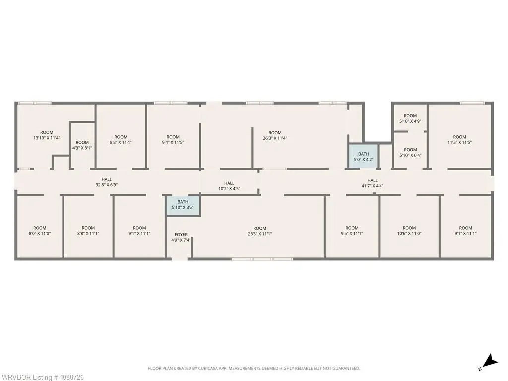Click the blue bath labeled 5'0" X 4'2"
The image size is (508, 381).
(x=363, y=156)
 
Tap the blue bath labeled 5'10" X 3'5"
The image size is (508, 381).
(x=183, y=205)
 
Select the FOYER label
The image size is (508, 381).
(x=181, y=235)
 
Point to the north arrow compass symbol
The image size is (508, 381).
(x=490, y=362)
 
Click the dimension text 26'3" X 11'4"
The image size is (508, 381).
(x=275, y=138)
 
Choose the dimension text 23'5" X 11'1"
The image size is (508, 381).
(x=260, y=234)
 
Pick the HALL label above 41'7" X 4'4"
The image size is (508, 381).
(x=372, y=180)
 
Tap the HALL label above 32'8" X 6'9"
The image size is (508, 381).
(x=107, y=179)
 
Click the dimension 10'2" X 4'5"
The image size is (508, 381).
(x=229, y=189)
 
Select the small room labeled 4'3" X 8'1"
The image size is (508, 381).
(x=82, y=145)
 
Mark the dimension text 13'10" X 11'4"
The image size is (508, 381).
(x=47, y=138)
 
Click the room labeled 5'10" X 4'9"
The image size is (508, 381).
(x=410, y=118)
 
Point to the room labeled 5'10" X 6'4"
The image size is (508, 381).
(x=410, y=152)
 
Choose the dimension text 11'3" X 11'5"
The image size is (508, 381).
(x=460, y=142)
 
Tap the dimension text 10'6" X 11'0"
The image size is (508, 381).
(x=409, y=234)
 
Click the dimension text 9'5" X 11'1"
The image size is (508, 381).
(x=352, y=234)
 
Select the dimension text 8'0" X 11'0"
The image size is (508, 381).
(x=40, y=234)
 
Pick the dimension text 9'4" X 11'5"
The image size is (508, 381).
(x=173, y=142)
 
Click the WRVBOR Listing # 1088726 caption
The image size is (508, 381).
(x=42, y=377)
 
